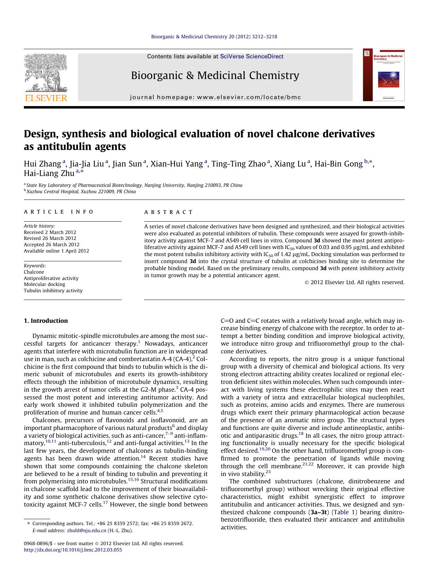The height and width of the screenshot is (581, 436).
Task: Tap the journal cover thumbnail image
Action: coord(384,75)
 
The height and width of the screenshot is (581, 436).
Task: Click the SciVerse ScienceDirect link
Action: coord(252,57)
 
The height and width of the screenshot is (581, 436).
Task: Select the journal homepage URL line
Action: coord(215,97)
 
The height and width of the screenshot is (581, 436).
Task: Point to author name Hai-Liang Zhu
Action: coord(49,173)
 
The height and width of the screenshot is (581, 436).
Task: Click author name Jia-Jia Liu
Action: coord(86,164)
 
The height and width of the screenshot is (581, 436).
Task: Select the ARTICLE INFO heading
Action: coord(59,212)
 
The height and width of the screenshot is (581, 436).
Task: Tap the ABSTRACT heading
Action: coord(168,212)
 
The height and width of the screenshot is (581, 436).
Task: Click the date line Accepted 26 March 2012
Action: coord(52,244)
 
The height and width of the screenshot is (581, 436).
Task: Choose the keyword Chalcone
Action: coord(34,272)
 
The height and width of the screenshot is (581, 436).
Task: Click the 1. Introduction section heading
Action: coord(46,321)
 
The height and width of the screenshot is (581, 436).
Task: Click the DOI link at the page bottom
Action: coord(73,550)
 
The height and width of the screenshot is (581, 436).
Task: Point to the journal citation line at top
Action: coord(214,37)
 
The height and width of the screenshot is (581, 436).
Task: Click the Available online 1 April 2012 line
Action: coord(56,251)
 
